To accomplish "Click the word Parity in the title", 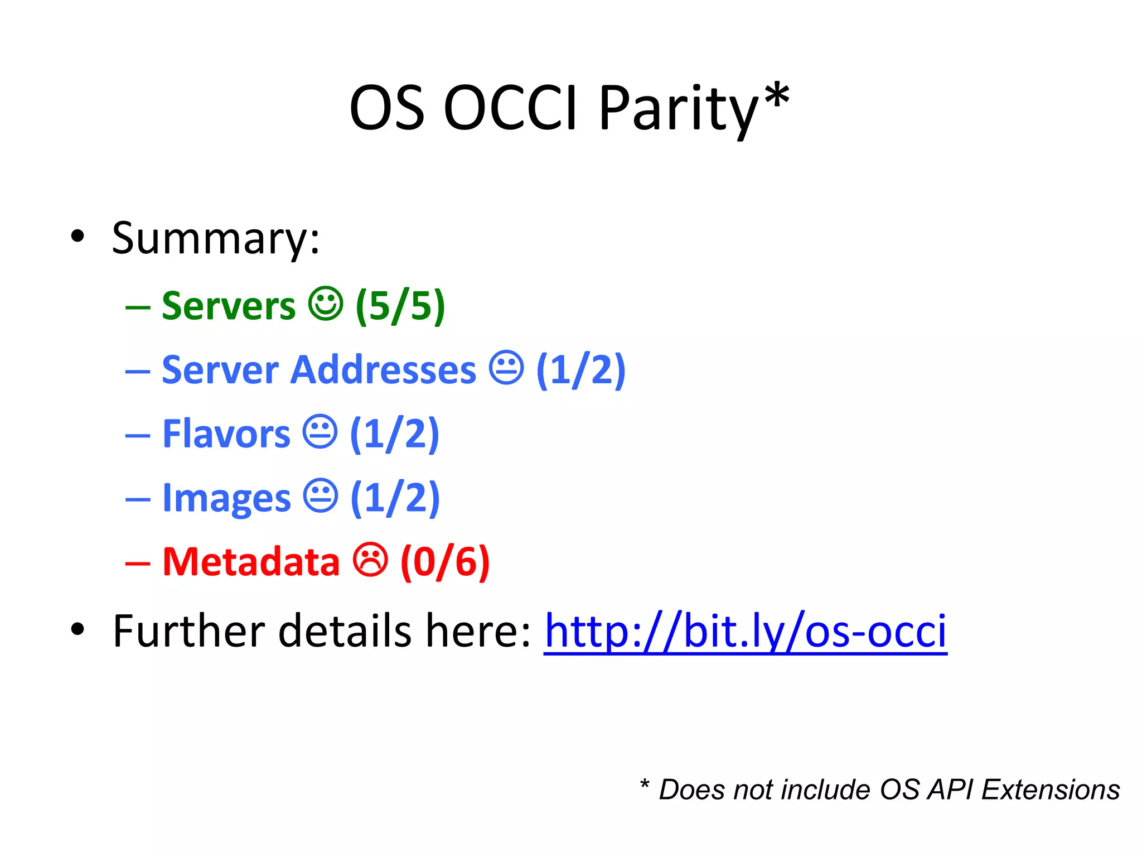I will point(678,108).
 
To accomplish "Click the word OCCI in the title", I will point(510,108).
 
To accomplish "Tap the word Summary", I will point(215,239).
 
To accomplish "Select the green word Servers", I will point(229,306).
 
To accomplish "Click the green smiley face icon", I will point(326,304).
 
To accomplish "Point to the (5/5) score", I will point(400,306).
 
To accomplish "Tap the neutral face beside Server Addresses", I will point(506,368).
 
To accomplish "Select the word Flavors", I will point(226,434).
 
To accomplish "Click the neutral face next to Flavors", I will point(320,431).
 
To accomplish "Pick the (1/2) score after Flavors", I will point(395,434).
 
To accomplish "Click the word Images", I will point(226,498).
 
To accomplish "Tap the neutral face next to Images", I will point(321,495).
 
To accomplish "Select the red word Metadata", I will point(251,561).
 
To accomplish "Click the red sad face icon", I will point(370,560).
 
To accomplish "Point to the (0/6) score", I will point(445,562).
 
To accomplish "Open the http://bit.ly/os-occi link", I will point(746,632).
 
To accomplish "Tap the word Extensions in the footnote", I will point(1051,790).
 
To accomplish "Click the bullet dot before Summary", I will point(78,236).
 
